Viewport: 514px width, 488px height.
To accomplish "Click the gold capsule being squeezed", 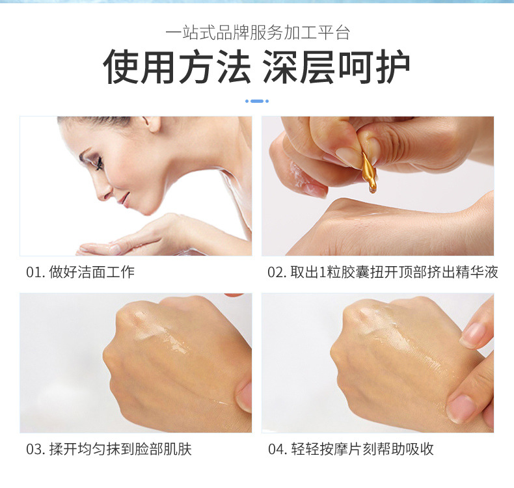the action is (369, 172).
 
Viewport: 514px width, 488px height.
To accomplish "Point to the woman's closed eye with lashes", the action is (97, 163).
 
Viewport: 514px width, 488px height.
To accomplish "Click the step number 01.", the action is (34, 273).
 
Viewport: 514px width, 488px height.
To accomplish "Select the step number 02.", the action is (277, 273).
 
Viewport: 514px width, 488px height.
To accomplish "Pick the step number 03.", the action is (35, 449).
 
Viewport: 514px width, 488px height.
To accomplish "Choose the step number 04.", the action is (277, 449).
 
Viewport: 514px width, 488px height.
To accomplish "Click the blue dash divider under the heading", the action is (257, 101).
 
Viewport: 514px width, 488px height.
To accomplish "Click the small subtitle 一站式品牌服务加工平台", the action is (258, 33).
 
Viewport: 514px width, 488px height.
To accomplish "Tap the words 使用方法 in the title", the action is (177, 66).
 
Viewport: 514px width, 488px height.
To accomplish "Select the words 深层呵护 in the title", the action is (336, 66).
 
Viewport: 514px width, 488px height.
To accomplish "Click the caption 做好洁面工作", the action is (92, 273).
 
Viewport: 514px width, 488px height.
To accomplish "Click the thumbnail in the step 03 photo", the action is (245, 397).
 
